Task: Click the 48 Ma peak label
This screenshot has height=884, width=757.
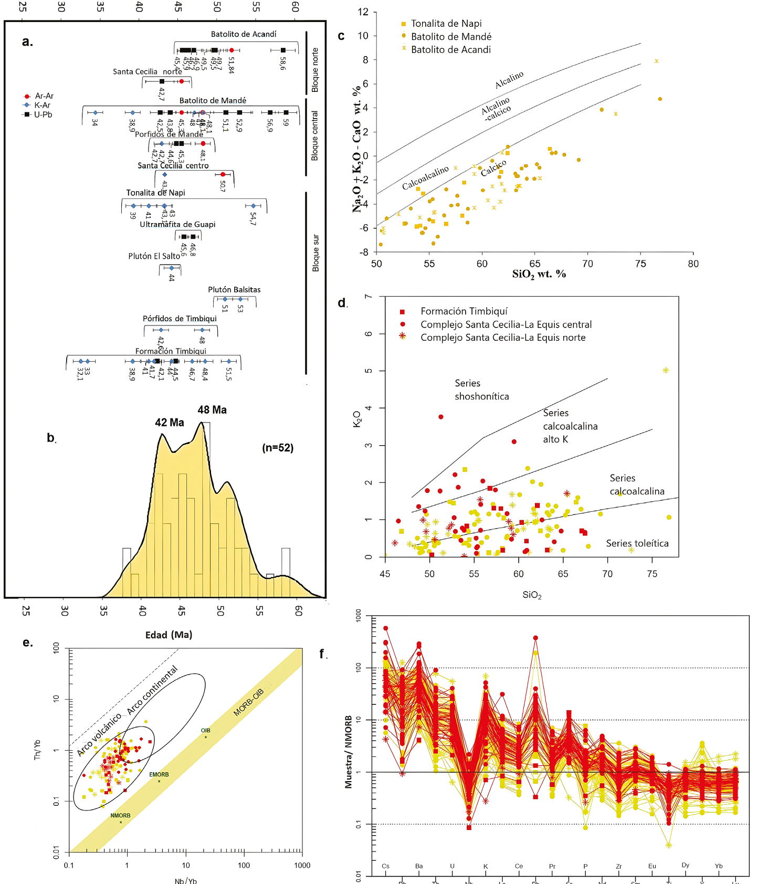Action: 212,410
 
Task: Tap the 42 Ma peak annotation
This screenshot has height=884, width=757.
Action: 169,423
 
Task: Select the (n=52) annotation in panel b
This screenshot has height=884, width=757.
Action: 278,448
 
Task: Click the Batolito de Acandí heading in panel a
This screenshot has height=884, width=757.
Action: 244,34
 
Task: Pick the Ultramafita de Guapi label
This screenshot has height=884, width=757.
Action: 177,224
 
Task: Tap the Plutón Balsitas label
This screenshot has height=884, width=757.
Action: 234,290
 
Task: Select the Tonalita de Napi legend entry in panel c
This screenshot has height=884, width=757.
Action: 446,24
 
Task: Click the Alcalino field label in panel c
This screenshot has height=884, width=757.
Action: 509,80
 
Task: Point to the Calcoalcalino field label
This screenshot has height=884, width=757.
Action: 425,177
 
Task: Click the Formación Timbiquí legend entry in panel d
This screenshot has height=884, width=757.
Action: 464,311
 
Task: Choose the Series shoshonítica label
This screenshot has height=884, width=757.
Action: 481,390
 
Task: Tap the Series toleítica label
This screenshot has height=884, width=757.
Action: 637,543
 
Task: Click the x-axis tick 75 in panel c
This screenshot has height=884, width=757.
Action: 640,264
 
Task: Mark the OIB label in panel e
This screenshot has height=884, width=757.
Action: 205,730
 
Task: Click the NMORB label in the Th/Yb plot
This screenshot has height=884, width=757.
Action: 120,815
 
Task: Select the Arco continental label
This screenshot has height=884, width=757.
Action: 153,690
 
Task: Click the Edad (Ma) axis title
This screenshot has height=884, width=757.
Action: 169,635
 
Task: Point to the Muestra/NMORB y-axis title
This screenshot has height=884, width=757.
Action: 349,752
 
